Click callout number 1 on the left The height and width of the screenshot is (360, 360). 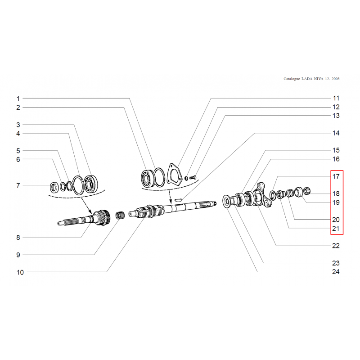coord(18,99)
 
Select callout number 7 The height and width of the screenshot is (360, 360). coord(18,185)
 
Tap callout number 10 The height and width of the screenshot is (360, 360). coord(20,272)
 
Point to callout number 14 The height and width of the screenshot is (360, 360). coord(336,133)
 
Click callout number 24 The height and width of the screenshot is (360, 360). coord(336,272)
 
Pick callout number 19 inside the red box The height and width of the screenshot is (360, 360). coord(336,202)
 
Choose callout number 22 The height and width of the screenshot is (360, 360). coord(336,246)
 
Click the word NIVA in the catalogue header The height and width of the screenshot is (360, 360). coord(319,79)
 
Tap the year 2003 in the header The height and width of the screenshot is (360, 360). coord(335,79)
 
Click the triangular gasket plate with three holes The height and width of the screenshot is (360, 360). coord(174,174)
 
